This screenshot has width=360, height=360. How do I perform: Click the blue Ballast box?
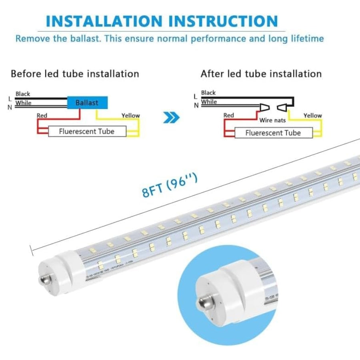coord(87,103)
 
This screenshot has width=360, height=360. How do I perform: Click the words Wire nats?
coord(272,120)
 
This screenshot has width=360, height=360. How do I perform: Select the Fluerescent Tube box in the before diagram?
coord(87,131)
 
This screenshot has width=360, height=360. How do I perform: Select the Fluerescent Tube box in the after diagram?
coord(273,133)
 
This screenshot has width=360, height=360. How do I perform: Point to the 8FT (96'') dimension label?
coord(170,186)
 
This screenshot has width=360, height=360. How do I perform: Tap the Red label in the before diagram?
coord(42,116)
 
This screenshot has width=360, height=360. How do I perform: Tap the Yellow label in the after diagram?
coord(312,116)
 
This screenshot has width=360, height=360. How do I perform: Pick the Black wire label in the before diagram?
coord(23,94)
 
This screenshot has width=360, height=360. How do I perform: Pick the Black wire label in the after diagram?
coord(208,93)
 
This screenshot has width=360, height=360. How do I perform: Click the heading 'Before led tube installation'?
coord(75,74)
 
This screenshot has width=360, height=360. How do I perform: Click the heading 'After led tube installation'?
coord(261,74)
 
